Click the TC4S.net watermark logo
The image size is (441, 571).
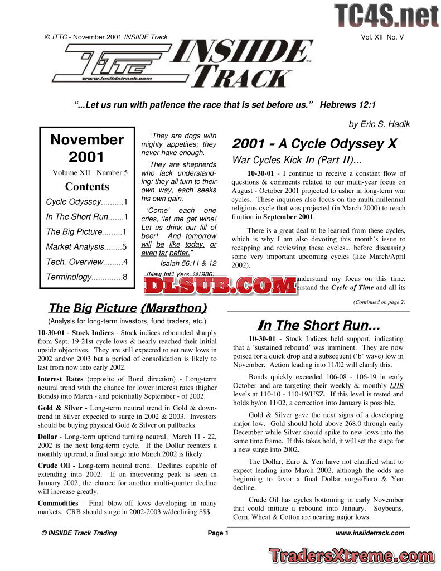386,15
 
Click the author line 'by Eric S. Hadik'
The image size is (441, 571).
379,124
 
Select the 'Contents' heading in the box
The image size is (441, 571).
87,186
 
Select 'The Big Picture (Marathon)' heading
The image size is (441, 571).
127,308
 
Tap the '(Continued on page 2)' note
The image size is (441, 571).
379,302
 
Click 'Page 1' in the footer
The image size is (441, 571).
218,533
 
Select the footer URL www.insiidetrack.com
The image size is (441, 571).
370,533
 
